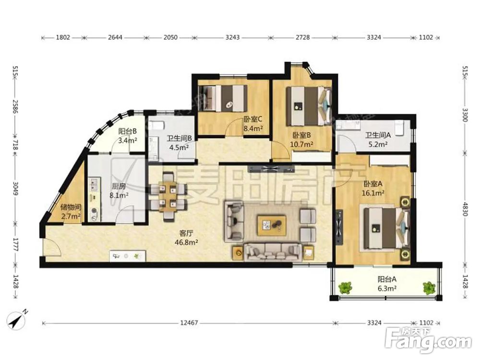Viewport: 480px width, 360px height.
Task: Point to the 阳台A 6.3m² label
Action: pos(387,284)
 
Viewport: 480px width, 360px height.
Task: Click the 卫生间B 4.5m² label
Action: pos(179,143)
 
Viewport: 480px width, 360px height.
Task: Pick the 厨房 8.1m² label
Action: pos(119,191)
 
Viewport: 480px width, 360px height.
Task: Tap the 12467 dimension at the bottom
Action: pos(189,323)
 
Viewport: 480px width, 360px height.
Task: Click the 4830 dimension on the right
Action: pos(465,209)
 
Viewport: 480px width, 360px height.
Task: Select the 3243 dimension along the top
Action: pos(232,37)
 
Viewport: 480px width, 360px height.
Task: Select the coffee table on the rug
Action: pos(272,225)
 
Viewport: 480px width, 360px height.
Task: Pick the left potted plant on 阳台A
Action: pos(345,288)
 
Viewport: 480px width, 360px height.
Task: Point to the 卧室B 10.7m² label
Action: pos(301,140)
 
